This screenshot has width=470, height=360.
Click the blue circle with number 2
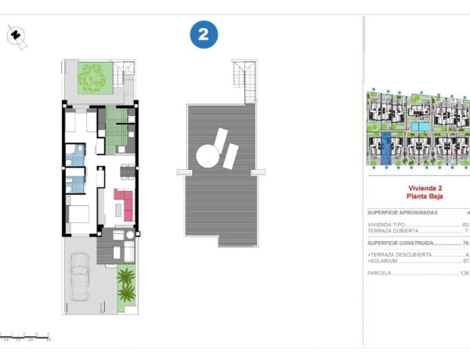[x=204, y=34]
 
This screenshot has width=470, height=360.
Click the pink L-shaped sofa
[x=123, y=203]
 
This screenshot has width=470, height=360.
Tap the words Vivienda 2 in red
[x=425, y=189]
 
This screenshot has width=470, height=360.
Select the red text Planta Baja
[x=424, y=198]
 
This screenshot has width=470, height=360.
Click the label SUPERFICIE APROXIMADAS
[x=403, y=213]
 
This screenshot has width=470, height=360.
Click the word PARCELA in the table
[x=378, y=273]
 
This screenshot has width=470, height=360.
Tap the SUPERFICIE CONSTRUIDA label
[x=402, y=243]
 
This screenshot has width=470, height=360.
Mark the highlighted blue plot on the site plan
[x=386, y=149]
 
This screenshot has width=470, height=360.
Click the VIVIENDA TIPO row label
[x=386, y=225]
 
